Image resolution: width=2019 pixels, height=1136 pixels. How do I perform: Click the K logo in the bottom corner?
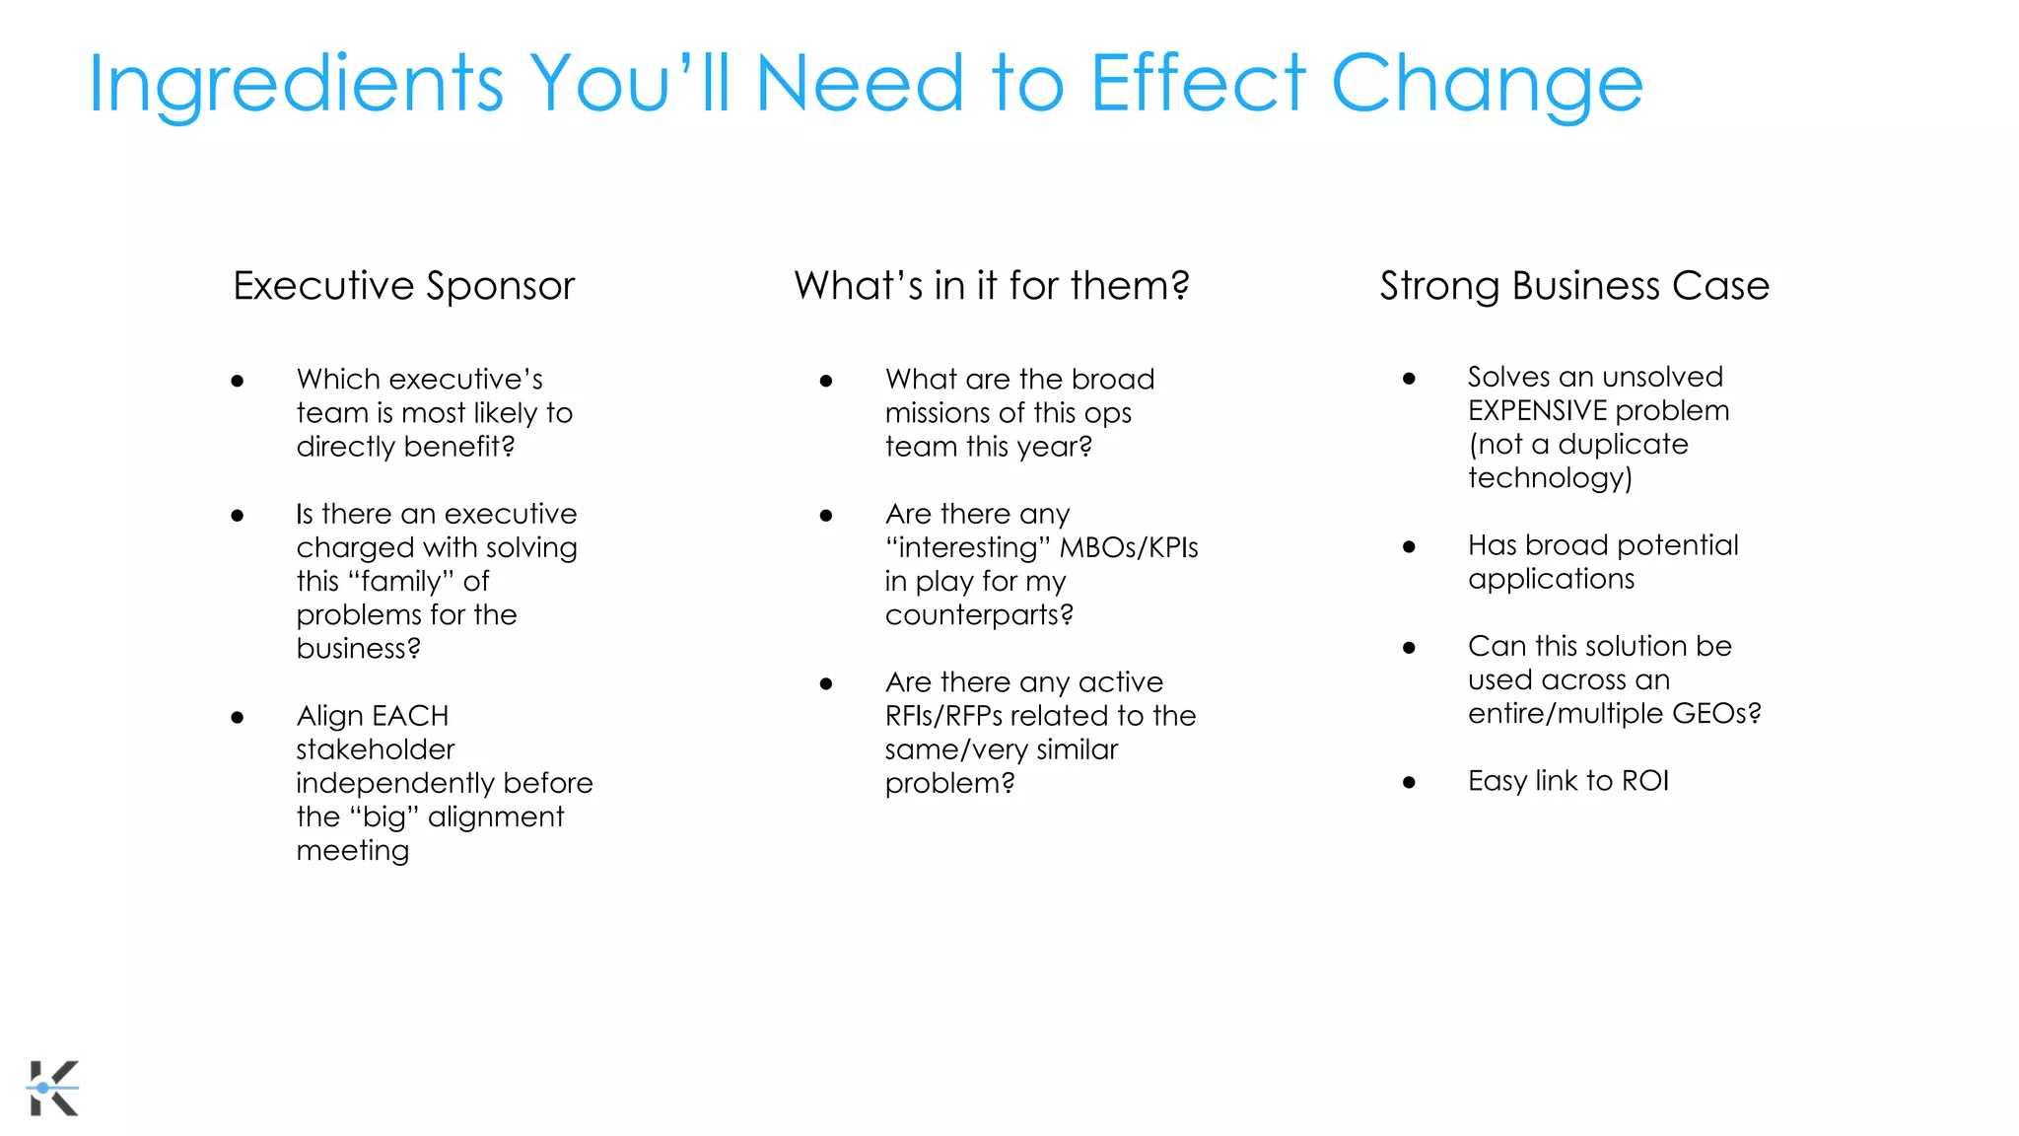coord(53,1088)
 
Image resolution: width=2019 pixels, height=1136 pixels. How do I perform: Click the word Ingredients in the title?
coord(296,86)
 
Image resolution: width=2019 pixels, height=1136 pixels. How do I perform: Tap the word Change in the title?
coord(1487,86)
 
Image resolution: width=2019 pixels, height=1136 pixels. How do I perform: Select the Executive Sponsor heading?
coord(403,286)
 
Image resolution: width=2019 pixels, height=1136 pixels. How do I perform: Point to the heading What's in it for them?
coord(992,286)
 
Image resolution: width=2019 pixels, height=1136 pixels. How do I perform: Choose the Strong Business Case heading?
coord(1574,286)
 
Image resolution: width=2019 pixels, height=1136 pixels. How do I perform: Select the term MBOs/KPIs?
coord(1129,548)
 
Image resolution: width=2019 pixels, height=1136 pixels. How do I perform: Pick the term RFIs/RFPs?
coord(942,716)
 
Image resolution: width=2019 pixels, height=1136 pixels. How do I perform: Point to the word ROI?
coord(1645,781)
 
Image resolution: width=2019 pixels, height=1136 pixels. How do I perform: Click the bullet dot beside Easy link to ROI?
coord(1409,783)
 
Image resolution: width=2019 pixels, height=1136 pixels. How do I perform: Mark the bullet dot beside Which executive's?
coord(238,382)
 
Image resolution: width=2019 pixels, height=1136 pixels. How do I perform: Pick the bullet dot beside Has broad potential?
coord(1409,547)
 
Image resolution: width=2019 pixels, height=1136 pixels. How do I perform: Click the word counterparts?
coord(979,615)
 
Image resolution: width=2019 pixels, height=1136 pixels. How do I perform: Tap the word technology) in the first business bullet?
coord(1550,478)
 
